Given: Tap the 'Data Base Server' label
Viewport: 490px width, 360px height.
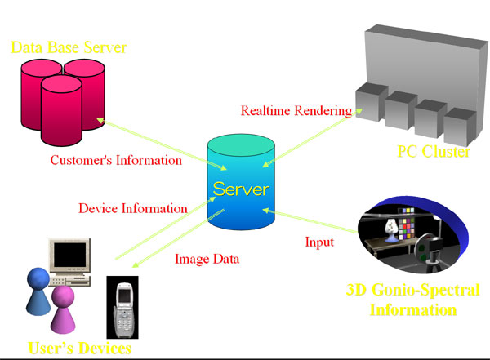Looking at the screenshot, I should pyautogui.click(x=69, y=47).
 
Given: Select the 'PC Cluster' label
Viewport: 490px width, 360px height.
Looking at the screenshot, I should pyautogui.click(x=433, y=151).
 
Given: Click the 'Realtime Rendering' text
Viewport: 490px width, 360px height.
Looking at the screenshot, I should pyautogui.click(x=296, y=110).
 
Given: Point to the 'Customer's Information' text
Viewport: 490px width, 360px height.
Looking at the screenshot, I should pyautogui.click(x=116, y=160).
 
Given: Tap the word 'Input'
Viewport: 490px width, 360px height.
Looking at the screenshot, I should pyautogui.click(x=319, y=242).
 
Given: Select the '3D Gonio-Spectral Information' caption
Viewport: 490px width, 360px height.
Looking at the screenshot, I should pyautogui.click(x=413, y=300).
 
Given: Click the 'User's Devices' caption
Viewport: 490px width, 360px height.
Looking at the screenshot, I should pyautogui.click(x=80, y=349).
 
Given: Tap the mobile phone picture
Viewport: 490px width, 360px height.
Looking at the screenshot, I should pyautogui.click(x=122, y=306).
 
